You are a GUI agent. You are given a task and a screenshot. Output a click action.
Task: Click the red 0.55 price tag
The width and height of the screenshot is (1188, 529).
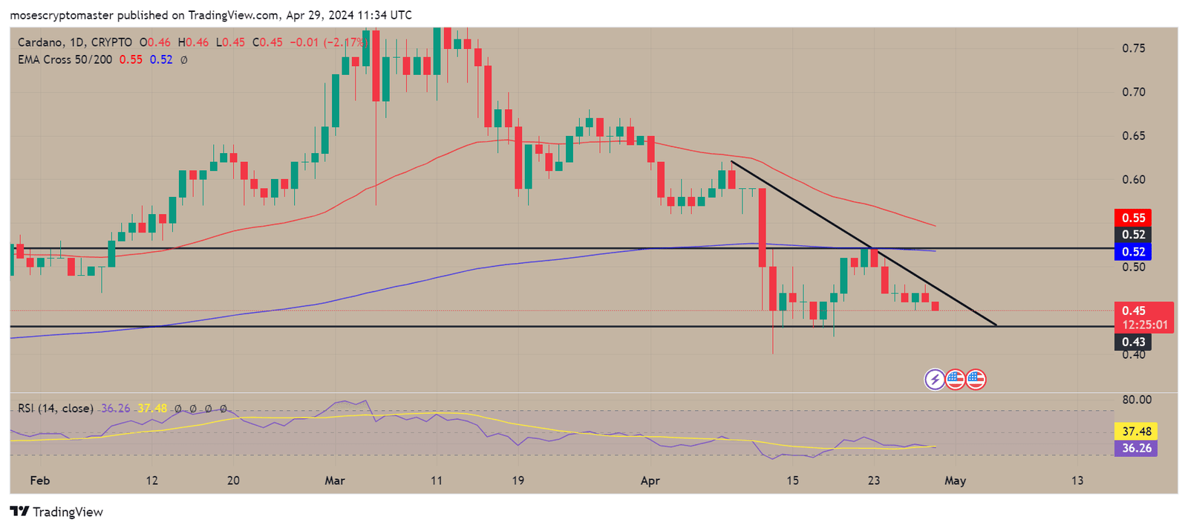[x=1133, y=218]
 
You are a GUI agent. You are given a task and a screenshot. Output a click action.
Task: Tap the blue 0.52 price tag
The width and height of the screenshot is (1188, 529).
[x=1133, y=252]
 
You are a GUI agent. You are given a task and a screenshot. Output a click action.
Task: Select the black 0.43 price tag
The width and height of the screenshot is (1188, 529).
[x=1133, y=342]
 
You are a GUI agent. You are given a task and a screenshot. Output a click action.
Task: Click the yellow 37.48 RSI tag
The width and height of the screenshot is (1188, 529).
[x=1136, y=431]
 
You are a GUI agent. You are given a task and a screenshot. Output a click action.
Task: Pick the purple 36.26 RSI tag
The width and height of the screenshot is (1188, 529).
[x=1136, y=448]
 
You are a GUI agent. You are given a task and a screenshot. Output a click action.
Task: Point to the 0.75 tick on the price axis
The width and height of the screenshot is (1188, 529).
[x=1133, y=48]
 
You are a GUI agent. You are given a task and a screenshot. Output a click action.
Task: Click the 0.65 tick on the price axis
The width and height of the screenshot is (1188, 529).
[x=1133, y=136]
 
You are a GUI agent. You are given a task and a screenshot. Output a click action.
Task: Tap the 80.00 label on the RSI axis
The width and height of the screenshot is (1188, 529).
[x=1136, y=400]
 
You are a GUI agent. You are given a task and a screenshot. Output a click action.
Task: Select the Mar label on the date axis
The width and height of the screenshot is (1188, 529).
[x=334, y=481]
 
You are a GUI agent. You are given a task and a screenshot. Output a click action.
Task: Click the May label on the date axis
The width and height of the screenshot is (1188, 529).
[x=955, y=481]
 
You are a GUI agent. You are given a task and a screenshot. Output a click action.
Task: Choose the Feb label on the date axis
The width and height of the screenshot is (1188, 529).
[x=39, y=481]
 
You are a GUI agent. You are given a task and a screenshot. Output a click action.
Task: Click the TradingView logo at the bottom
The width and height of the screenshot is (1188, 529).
[x=56, y=512]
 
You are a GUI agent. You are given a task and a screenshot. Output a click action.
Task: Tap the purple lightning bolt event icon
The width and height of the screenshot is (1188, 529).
[x=935, y=380]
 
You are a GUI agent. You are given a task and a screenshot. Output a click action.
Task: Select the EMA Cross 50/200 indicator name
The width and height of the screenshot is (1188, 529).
[x=65, y=59]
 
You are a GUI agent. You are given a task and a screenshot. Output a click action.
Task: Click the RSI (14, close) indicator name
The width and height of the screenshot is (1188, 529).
[x=56, y=409]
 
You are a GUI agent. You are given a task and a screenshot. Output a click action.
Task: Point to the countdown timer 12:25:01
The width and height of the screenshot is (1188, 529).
[x=1144, y=325]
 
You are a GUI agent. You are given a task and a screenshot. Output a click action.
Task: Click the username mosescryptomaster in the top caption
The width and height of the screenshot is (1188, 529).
[x=62, y=15]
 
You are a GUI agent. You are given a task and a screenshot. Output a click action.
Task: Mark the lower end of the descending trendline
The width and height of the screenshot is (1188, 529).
[x=996, y=325]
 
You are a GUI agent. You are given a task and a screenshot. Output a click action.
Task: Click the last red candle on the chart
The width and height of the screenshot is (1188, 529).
[x=935, y=306]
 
